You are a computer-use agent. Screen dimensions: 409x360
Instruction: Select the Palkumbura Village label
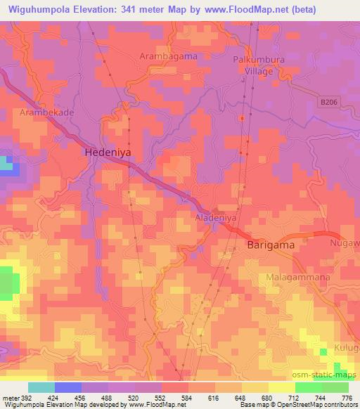coord(259,65)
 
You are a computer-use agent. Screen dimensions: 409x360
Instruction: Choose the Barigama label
coord(271,246)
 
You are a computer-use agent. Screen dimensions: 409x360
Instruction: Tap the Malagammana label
coord(298,278)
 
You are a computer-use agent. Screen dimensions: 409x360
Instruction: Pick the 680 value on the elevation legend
coord(266,396)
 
